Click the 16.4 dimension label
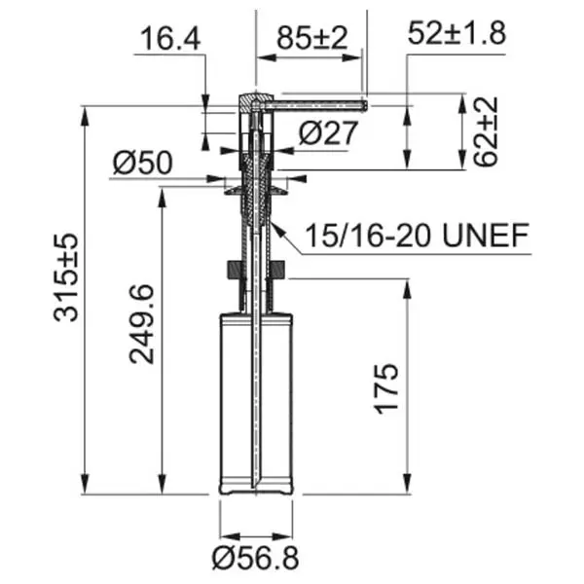pyautogui.click(x=171, y=39)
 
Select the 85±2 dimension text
pyautogui.click(x=312, y=38)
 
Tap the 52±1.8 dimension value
pyautogui.click(x=457, y=33)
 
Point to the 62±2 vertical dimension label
pyautogui.click(x=486, y=130)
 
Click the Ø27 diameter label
pyautogui.click(x=328, y=133)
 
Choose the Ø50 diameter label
pyautogui.click(x=143, y=163)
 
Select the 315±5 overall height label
pyautogui.click(x=66, y=277)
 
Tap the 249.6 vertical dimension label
pyautogui.click(x=141, y=324)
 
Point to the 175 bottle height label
pyautogui.click(x=386, y=388)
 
